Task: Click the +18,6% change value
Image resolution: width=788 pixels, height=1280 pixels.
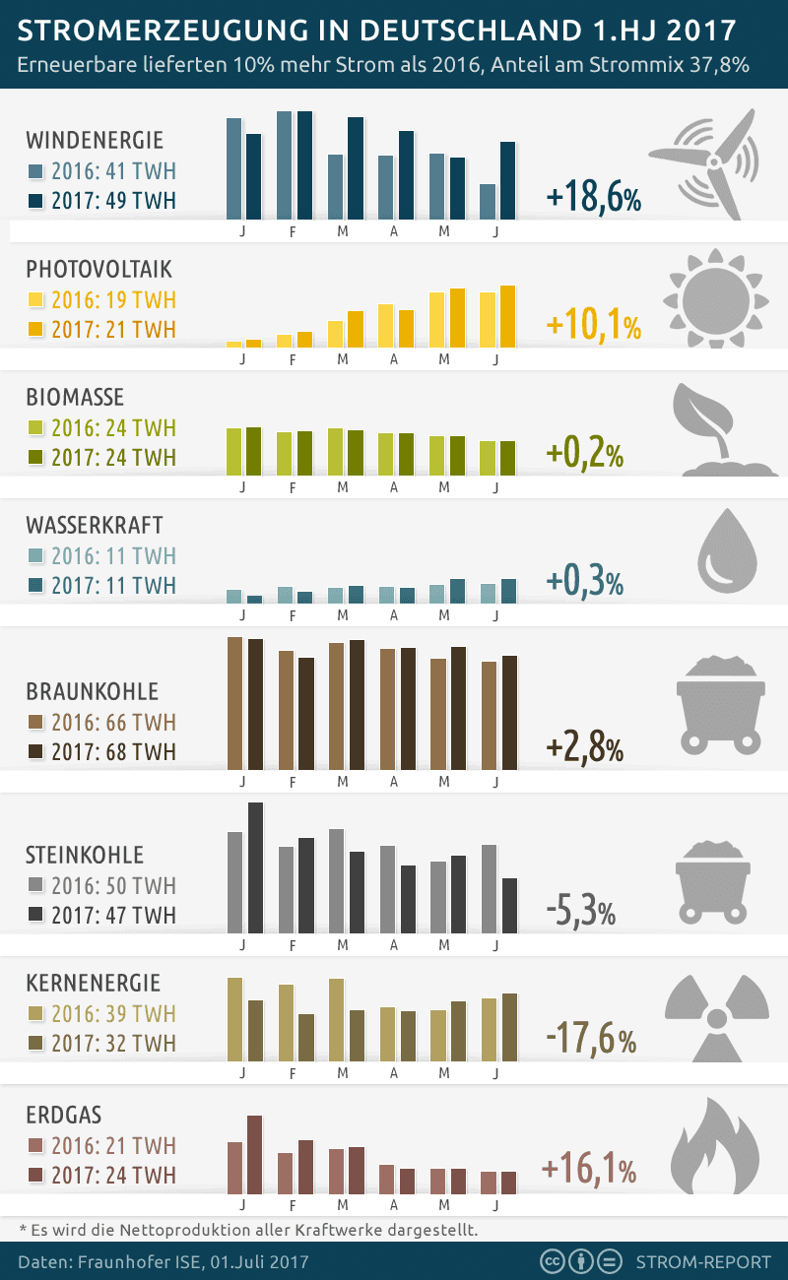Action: click(594, 198)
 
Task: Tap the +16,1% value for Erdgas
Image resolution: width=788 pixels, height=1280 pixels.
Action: click(589, 1170)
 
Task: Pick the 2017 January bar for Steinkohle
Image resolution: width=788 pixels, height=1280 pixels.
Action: click(255, 867)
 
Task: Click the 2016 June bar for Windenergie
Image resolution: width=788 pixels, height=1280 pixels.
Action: click(487, 202)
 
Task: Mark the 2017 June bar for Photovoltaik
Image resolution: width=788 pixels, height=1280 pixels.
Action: click(507, 316)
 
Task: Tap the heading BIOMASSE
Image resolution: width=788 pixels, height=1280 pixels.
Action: click(75, 397)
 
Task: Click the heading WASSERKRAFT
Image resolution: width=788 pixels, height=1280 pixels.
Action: click(95, 525)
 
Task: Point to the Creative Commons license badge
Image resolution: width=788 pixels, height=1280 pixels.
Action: click(582, 1261)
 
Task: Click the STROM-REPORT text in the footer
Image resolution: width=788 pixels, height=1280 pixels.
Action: click(700, 1261)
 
